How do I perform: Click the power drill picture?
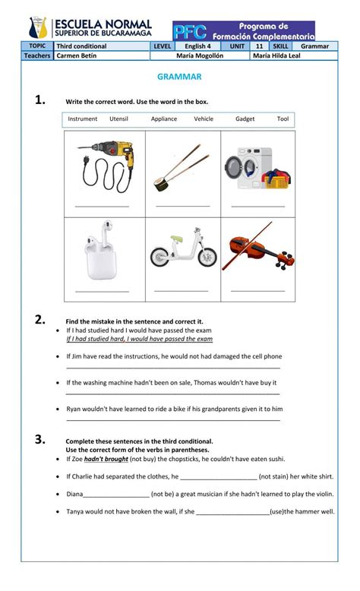tap(106, 166)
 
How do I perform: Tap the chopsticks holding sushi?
tap(182, 167)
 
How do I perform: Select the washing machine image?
tap(249, 168)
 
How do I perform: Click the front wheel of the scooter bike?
tap(207, 257)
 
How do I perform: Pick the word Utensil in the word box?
tap(118, 119)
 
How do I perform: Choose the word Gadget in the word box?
tap(245, 119)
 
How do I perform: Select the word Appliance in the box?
tap(164, 119)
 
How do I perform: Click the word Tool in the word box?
tap(283, 119)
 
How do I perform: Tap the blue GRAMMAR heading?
tap(179, 77)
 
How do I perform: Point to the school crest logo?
tap(38, 27)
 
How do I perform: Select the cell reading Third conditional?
tap(81, 46)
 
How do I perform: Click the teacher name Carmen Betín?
tap(77, 55)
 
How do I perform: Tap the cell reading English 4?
tap(197, 46)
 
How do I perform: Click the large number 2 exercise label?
tap(40, 320)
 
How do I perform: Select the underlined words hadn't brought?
tap(106, 459)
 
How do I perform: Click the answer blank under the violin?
tap(257, 291)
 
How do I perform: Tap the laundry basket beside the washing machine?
tap(276, 179)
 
